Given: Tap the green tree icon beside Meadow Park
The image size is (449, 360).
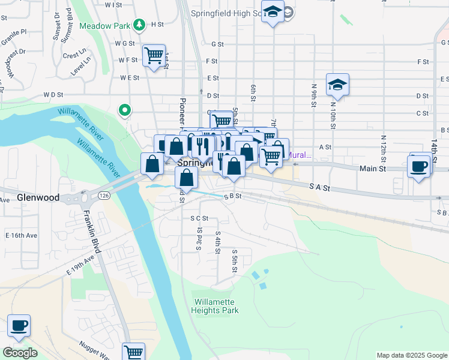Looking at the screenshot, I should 140,25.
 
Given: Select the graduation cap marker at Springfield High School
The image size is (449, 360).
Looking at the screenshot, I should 273,12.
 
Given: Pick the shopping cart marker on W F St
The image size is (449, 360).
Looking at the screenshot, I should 154,56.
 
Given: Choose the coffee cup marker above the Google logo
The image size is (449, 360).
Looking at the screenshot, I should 19,326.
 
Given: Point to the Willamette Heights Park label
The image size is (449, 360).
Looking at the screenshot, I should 215,306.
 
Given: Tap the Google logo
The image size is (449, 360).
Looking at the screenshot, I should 20,353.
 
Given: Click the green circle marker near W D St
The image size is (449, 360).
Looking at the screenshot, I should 125,110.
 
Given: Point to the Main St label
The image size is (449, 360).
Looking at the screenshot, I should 372,169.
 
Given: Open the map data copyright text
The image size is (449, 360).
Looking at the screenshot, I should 412,355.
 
